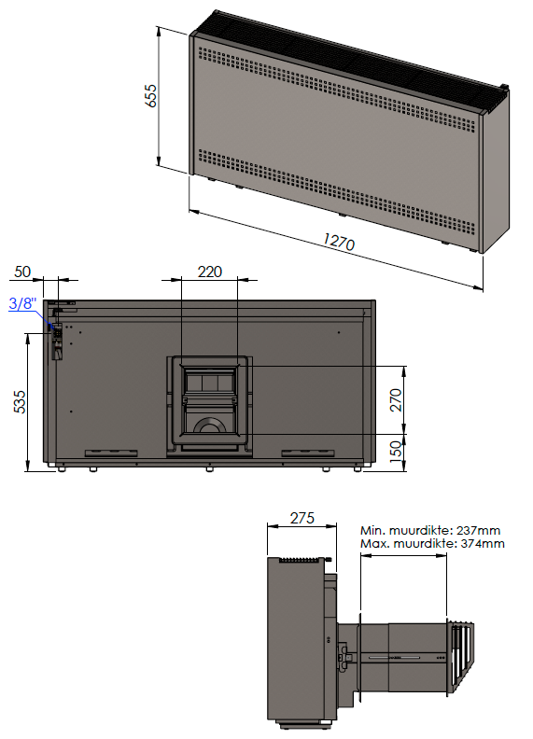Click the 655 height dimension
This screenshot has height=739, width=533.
pos(151,96)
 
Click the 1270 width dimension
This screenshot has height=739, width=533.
pos(339,242)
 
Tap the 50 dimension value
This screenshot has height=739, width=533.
pos(22,272)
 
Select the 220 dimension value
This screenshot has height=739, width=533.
pos(209,272)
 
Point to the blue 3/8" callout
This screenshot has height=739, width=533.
pos(22,303)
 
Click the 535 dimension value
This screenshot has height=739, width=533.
pos(21,401)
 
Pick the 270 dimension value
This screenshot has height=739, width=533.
pos(396,399)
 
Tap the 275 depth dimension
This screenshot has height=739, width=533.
pos(302,519)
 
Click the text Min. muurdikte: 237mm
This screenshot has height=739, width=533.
pos(430,530)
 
